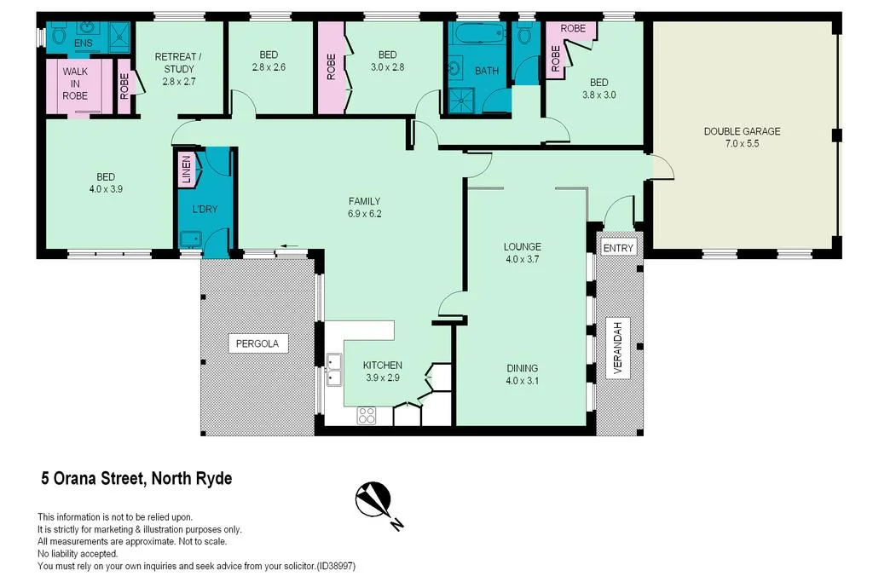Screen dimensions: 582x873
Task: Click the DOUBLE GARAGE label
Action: [742, 131]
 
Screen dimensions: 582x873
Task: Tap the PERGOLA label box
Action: [258, 343]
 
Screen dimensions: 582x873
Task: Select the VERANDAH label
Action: [619, 348]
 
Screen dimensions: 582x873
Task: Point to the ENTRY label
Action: [618, 248]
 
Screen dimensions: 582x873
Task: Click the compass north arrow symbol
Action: [373, 498]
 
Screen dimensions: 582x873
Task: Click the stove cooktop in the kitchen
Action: [367, 416]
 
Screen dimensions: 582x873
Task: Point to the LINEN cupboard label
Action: [186, 170]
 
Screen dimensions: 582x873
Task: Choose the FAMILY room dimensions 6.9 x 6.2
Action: [364, 214]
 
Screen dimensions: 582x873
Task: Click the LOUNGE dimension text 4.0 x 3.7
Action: [523, 259]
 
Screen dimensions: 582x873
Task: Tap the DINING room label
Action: [523, 369]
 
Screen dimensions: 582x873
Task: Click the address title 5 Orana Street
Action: [136, 479]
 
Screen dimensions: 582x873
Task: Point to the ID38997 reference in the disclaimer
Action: [336, 566]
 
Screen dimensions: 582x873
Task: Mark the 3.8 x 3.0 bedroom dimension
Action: [598, 95]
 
